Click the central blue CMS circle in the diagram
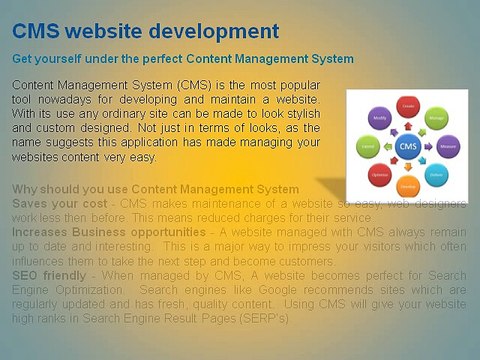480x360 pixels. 408,147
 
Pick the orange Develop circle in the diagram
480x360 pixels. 408,187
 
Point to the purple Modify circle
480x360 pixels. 380,118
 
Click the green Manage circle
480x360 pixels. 437,118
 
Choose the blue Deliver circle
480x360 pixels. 437,175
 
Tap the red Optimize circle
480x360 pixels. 380,175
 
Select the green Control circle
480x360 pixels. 367,147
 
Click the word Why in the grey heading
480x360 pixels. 25,189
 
